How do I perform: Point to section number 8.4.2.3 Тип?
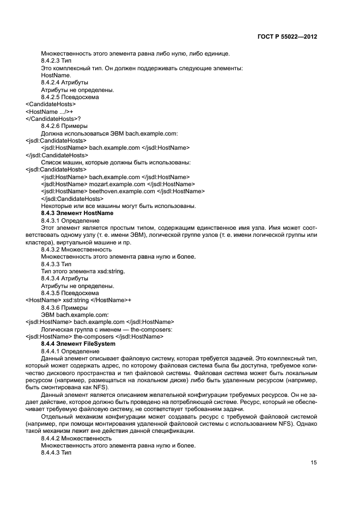[56, 60]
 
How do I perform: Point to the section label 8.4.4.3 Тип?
[56, 452]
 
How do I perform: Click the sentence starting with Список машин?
[115, 162]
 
